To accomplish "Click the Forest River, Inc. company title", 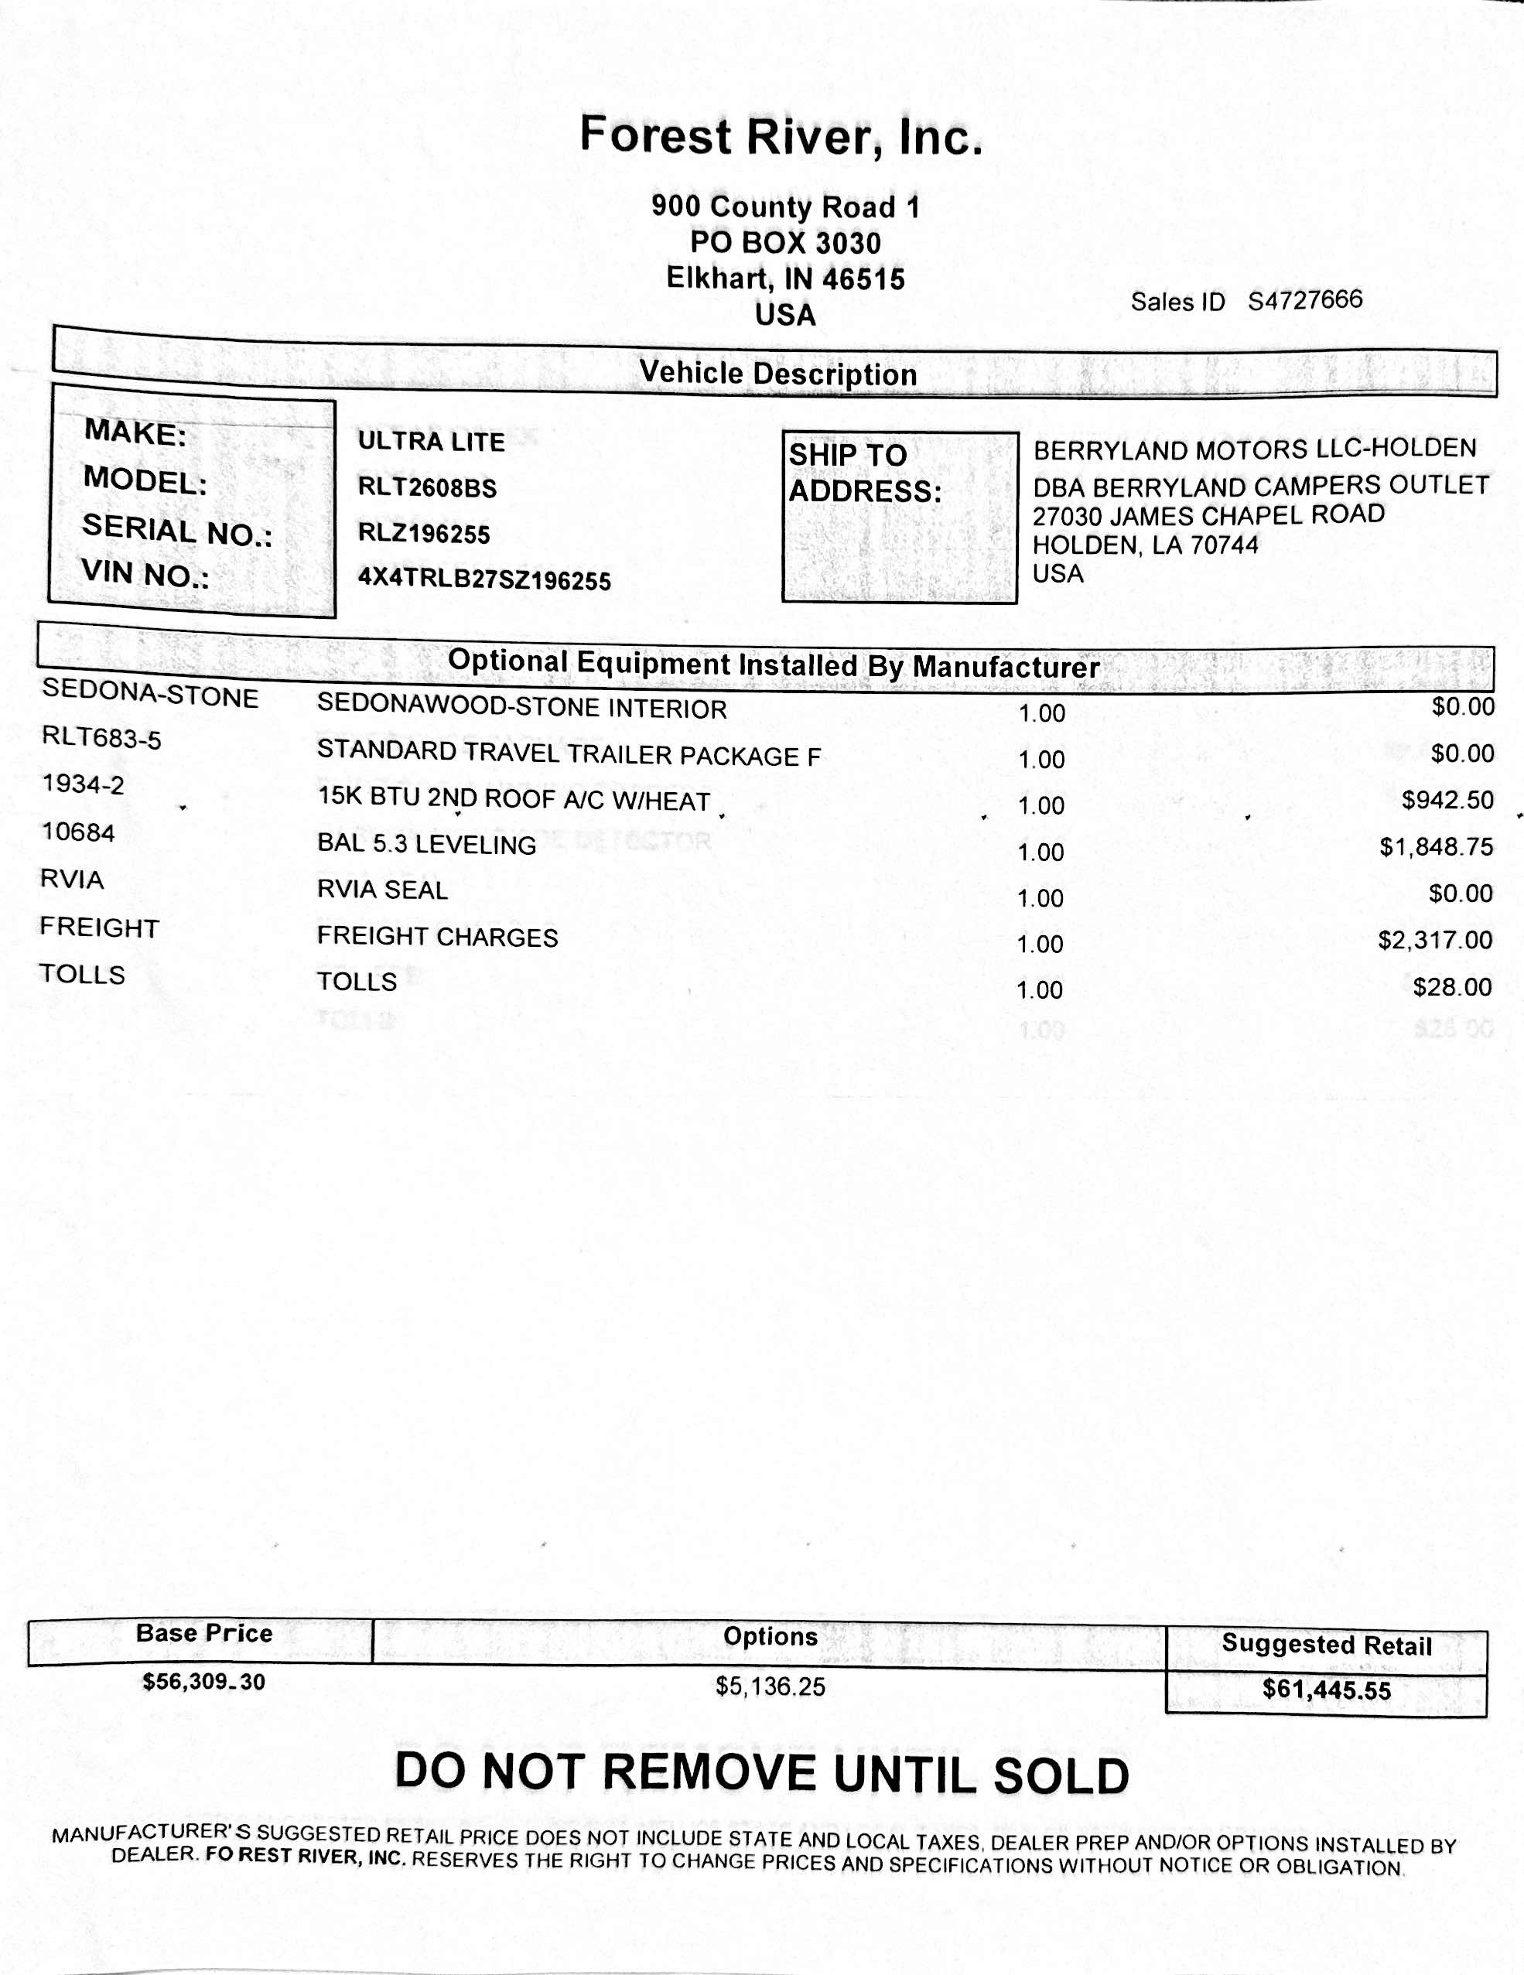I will pos(781,137).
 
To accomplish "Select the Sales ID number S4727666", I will pos(1304,300).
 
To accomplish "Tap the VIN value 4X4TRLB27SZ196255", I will pos(484,579).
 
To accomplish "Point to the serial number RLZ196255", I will pos(423,533).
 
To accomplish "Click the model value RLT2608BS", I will pos(427,487).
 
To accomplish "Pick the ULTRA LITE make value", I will pos(431,441).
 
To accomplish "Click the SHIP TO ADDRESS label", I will pos(864,473).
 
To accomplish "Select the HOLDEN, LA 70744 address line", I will pos(1145,545).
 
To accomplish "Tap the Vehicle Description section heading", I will pos(777,374).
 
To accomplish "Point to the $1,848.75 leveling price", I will pos(1437,847).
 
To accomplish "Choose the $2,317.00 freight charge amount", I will pos(1435,941).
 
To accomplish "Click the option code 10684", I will pos(79,832).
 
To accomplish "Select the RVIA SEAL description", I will pos(381,890).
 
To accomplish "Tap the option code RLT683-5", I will pos(101,738).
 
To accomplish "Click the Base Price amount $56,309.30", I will pos(203,1682).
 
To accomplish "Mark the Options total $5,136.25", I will pos(770,1686).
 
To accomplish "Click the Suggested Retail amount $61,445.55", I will pos(1326,1690).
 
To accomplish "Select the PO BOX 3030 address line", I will pos(785,242).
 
